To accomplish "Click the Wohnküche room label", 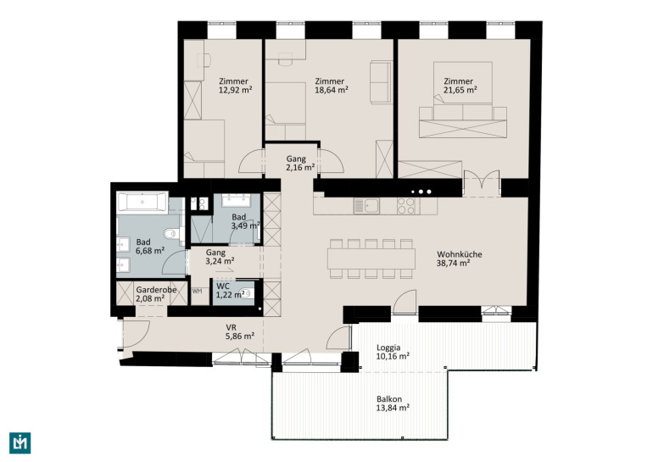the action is click(460, 254).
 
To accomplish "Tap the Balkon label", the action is click(389, 398).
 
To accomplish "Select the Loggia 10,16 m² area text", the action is click(393, 352).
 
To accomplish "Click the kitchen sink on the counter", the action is click(366, 206).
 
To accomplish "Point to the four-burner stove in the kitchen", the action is click(405, 206).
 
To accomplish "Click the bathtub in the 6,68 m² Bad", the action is click(142, 203).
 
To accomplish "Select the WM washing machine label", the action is click(197, 292).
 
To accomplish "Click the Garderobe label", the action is click(156, 290).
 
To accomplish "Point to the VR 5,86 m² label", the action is click(240, 332).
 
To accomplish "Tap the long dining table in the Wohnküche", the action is click(371, 259).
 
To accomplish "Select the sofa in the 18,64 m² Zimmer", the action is click(381, 82).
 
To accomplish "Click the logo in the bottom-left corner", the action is click(20, 443).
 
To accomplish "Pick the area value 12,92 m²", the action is click(236, 90).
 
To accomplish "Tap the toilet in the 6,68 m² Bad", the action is click(172, 234).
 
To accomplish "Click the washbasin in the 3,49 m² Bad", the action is click(237, 200).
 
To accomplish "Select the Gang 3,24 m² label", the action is click(220, 257).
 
